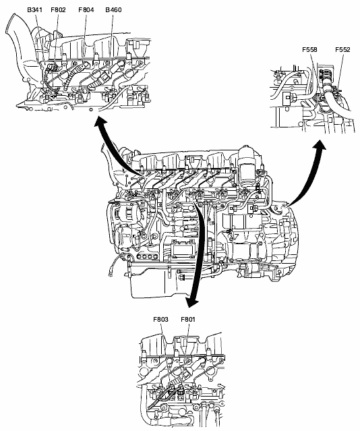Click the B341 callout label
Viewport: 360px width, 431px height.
(34, 10)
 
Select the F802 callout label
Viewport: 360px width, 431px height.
(58, 10)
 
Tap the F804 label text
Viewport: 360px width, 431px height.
(86, 10)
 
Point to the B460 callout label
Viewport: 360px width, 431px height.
(113, 10)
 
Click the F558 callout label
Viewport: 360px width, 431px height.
(309, 50)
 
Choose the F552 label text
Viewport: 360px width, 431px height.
(342, 50)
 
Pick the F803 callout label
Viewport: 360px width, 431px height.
(160, 320)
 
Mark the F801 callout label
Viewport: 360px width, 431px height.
(188, 320)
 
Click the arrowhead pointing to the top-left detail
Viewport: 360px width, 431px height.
(100, 121)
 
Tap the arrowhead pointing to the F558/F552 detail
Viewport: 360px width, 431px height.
(320, 145)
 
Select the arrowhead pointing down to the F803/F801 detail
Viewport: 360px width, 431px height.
(191, 301)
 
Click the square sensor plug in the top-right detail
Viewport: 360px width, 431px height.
(287, 97)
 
